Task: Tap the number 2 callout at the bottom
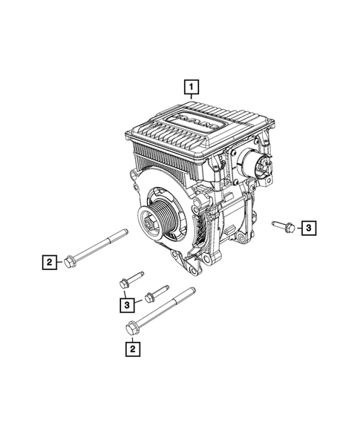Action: click(x=131, y=347)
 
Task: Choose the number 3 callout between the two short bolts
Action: click(x=128, y=303)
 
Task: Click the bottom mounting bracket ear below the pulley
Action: click(x=177, y=263)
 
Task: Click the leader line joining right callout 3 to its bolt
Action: click(x=297, y=226)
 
